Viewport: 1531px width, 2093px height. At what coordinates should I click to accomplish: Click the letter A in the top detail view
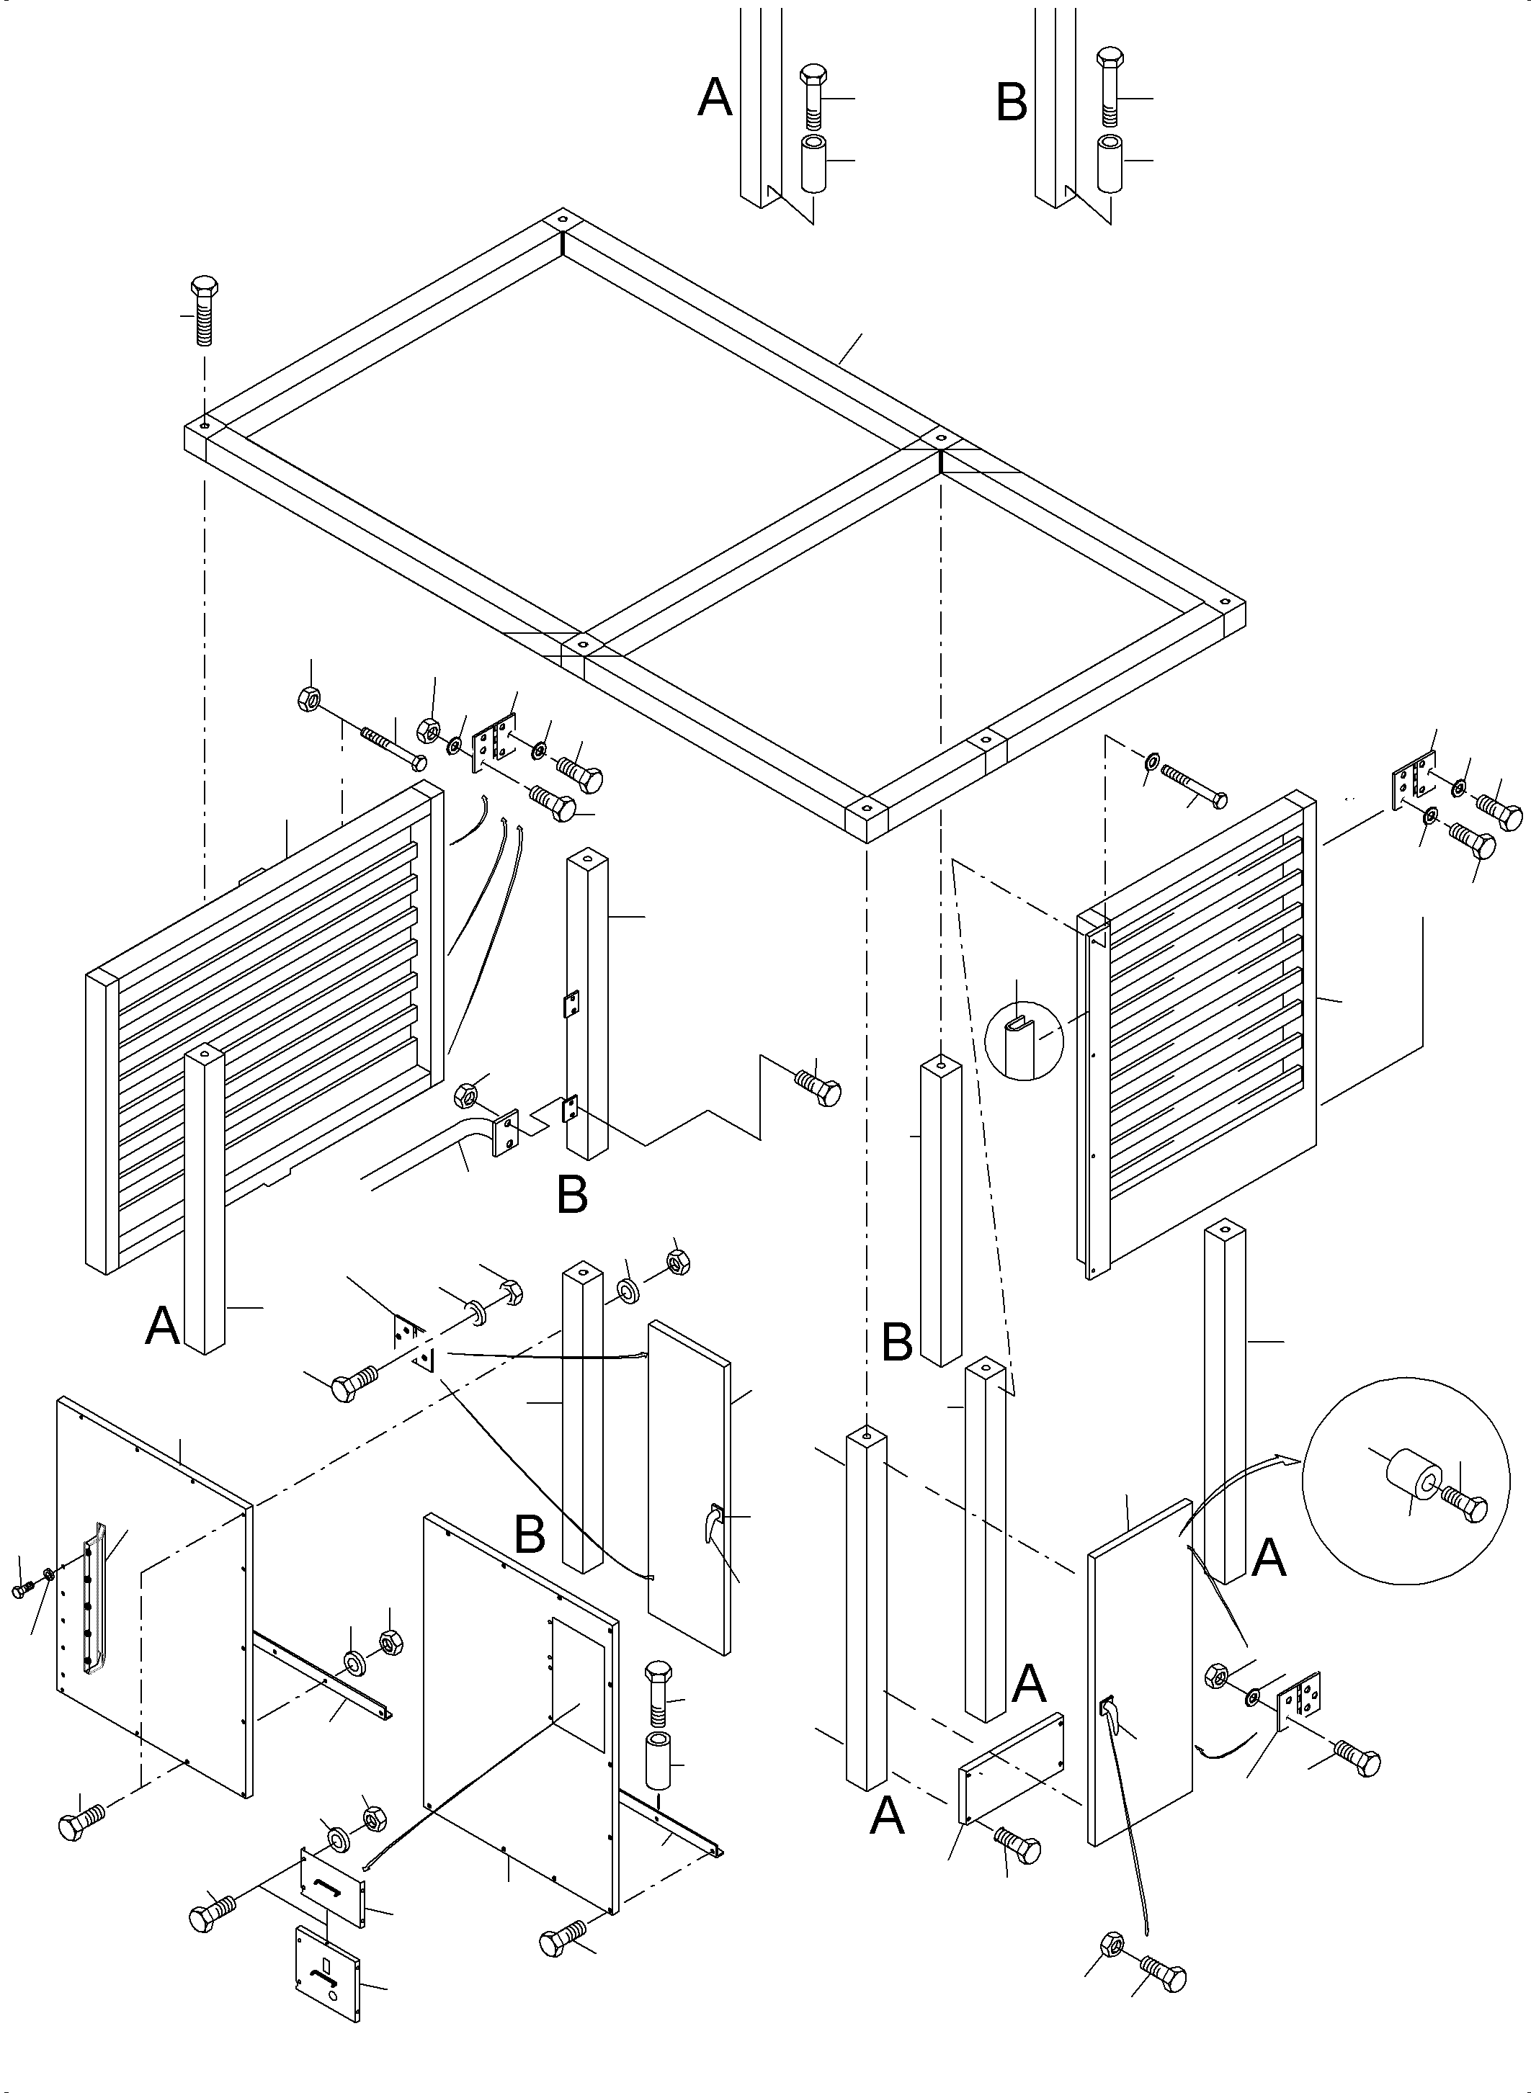coord(715,97)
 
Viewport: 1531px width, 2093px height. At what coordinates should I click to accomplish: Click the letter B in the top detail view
coord(1011,102)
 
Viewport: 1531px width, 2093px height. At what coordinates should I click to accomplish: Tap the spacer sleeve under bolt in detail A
coord(813,164)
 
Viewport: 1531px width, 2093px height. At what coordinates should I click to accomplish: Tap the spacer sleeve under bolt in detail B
coord(1110,164)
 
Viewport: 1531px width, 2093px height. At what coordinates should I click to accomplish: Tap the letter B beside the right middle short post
coord(896,1343)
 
